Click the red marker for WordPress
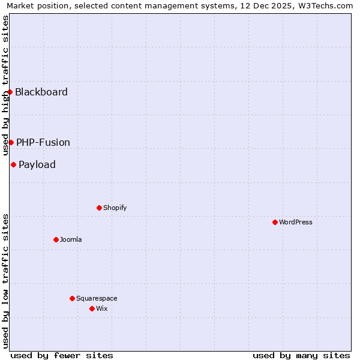(275, 222)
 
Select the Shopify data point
(100, 208)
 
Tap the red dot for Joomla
(56, 239)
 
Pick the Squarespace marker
(73, 298)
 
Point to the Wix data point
(92, 308)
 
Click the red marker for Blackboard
(10, 92)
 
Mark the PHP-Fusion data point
(11, 142)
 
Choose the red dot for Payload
(14, 164)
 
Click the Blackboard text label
(41, 92)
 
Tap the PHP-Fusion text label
(43, 142)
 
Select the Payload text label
(37, 164)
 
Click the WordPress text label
(296, 222)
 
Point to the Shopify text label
(115, 208)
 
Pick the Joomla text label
(71, 239)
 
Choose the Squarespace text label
(97, 298)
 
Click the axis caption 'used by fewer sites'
(62, 355)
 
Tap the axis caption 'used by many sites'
(301, 355)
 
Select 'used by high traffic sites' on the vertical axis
(5, 86)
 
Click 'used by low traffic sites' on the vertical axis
(5, 280)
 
